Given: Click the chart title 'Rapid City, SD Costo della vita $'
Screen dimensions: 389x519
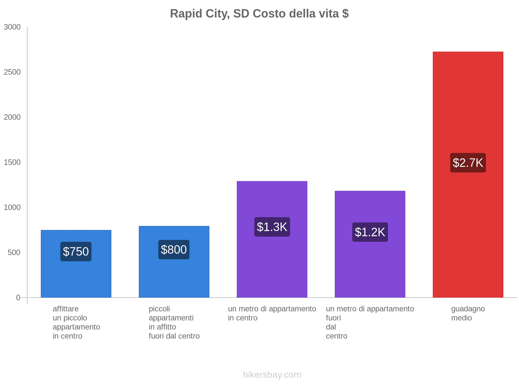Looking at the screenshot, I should (259, 14).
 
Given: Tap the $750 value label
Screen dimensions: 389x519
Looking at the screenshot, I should (76, 252).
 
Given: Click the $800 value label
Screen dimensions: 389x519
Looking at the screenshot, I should (174, 250).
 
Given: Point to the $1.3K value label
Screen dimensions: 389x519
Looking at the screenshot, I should (272, 227).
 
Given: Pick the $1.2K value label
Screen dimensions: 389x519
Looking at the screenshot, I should (370, 232).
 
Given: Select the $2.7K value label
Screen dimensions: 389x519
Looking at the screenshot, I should (468, 163).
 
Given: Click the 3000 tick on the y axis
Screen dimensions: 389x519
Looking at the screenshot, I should (12, 27).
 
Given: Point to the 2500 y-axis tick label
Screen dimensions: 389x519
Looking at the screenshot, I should (12, 72).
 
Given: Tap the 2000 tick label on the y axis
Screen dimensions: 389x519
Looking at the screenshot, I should (12, 117).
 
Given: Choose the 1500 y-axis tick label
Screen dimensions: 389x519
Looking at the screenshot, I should (12, 162).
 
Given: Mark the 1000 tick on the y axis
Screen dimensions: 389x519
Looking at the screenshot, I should (12, 207).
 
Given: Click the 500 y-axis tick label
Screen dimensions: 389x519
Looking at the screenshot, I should (14, 253).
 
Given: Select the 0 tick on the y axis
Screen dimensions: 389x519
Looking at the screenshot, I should (18, 298).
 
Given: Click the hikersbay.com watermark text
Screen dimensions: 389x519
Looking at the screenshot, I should (272, 375).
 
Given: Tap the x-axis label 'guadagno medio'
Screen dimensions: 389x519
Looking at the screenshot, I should (468, 313).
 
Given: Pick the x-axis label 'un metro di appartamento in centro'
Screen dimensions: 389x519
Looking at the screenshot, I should (272, 313).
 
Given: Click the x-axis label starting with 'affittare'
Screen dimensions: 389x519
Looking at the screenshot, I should (76, 322).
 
